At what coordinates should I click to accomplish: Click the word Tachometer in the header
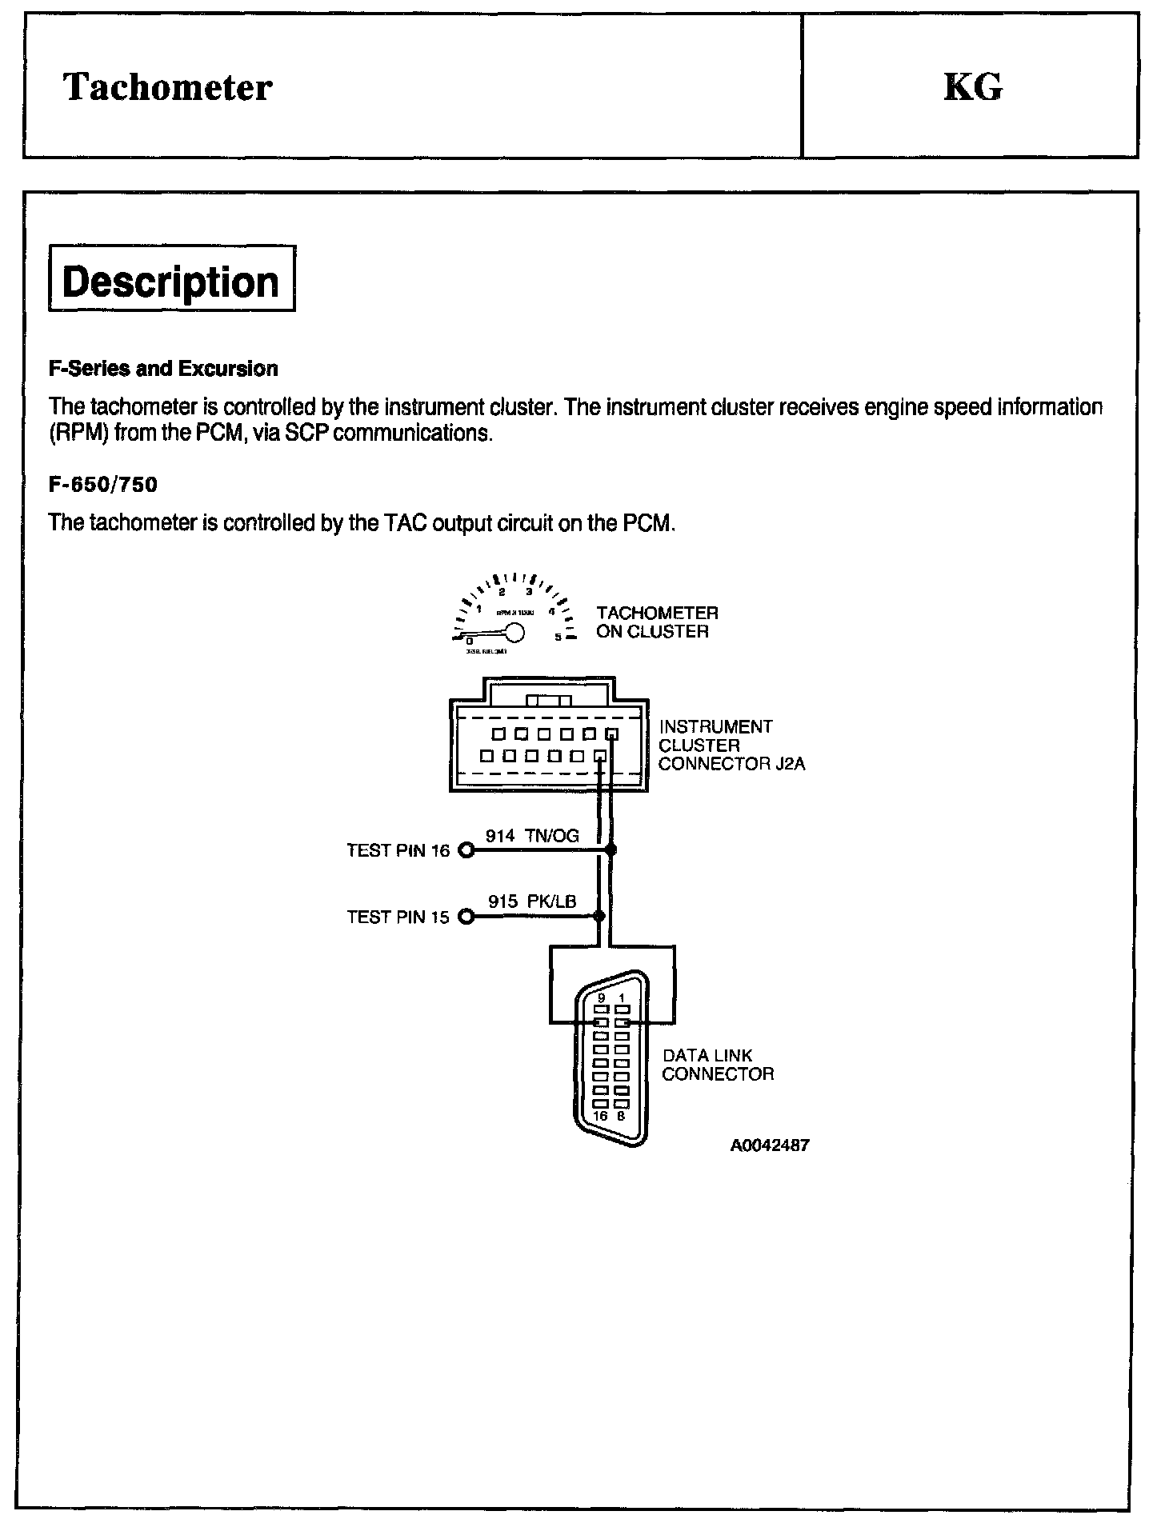point(168,87)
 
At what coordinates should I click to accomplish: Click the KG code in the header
point(972,87)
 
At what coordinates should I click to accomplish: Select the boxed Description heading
point(171,282)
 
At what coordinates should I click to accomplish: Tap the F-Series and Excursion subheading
point(163,369)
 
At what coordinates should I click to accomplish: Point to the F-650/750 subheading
point(103,485)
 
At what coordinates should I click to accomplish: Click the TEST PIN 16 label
point(398,850)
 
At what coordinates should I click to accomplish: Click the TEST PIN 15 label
point(398,917)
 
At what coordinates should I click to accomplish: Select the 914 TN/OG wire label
point(532,836)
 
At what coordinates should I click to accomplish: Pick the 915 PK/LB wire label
point(532,901)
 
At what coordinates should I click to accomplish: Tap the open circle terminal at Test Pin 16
point(466,850)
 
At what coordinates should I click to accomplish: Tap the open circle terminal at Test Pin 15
point(466,917)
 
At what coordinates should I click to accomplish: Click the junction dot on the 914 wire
point(612,850)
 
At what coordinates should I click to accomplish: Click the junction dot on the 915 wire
point(599,917)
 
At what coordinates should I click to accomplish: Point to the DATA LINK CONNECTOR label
point(718,1065)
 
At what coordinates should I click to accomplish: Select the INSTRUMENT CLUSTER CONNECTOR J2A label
point(731,745)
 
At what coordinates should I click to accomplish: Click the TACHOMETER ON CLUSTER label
point(657,622)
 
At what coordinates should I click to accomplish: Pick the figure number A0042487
point(769,1145)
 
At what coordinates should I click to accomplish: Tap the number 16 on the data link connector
point(600,1116)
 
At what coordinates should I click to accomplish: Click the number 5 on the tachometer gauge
point(558,638)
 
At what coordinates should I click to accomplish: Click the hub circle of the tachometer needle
point(514,634)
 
